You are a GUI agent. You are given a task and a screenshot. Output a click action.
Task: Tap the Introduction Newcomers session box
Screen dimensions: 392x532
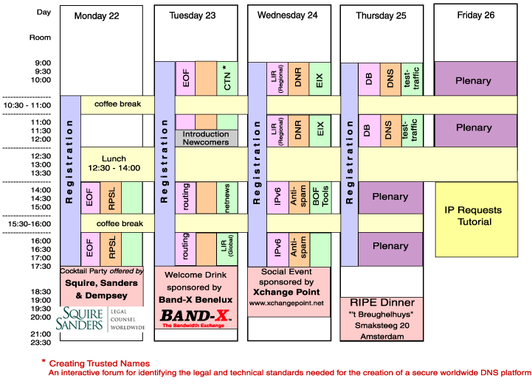pos(206,139)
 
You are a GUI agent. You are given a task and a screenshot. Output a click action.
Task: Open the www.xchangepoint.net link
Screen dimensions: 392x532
pos(286,303)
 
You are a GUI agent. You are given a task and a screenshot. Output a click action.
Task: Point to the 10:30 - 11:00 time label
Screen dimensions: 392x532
pos(27,105)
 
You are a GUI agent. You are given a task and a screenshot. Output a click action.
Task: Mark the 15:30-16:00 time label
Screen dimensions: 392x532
pos(27,223)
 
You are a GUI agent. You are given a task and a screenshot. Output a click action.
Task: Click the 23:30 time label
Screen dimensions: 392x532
pos(41,343)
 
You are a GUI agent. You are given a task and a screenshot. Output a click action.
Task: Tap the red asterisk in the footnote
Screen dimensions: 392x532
pos(44,363)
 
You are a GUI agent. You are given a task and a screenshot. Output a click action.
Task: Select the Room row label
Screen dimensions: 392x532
pos(40,37)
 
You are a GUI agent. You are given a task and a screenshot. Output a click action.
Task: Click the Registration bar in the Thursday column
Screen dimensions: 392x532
pos(349,181)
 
